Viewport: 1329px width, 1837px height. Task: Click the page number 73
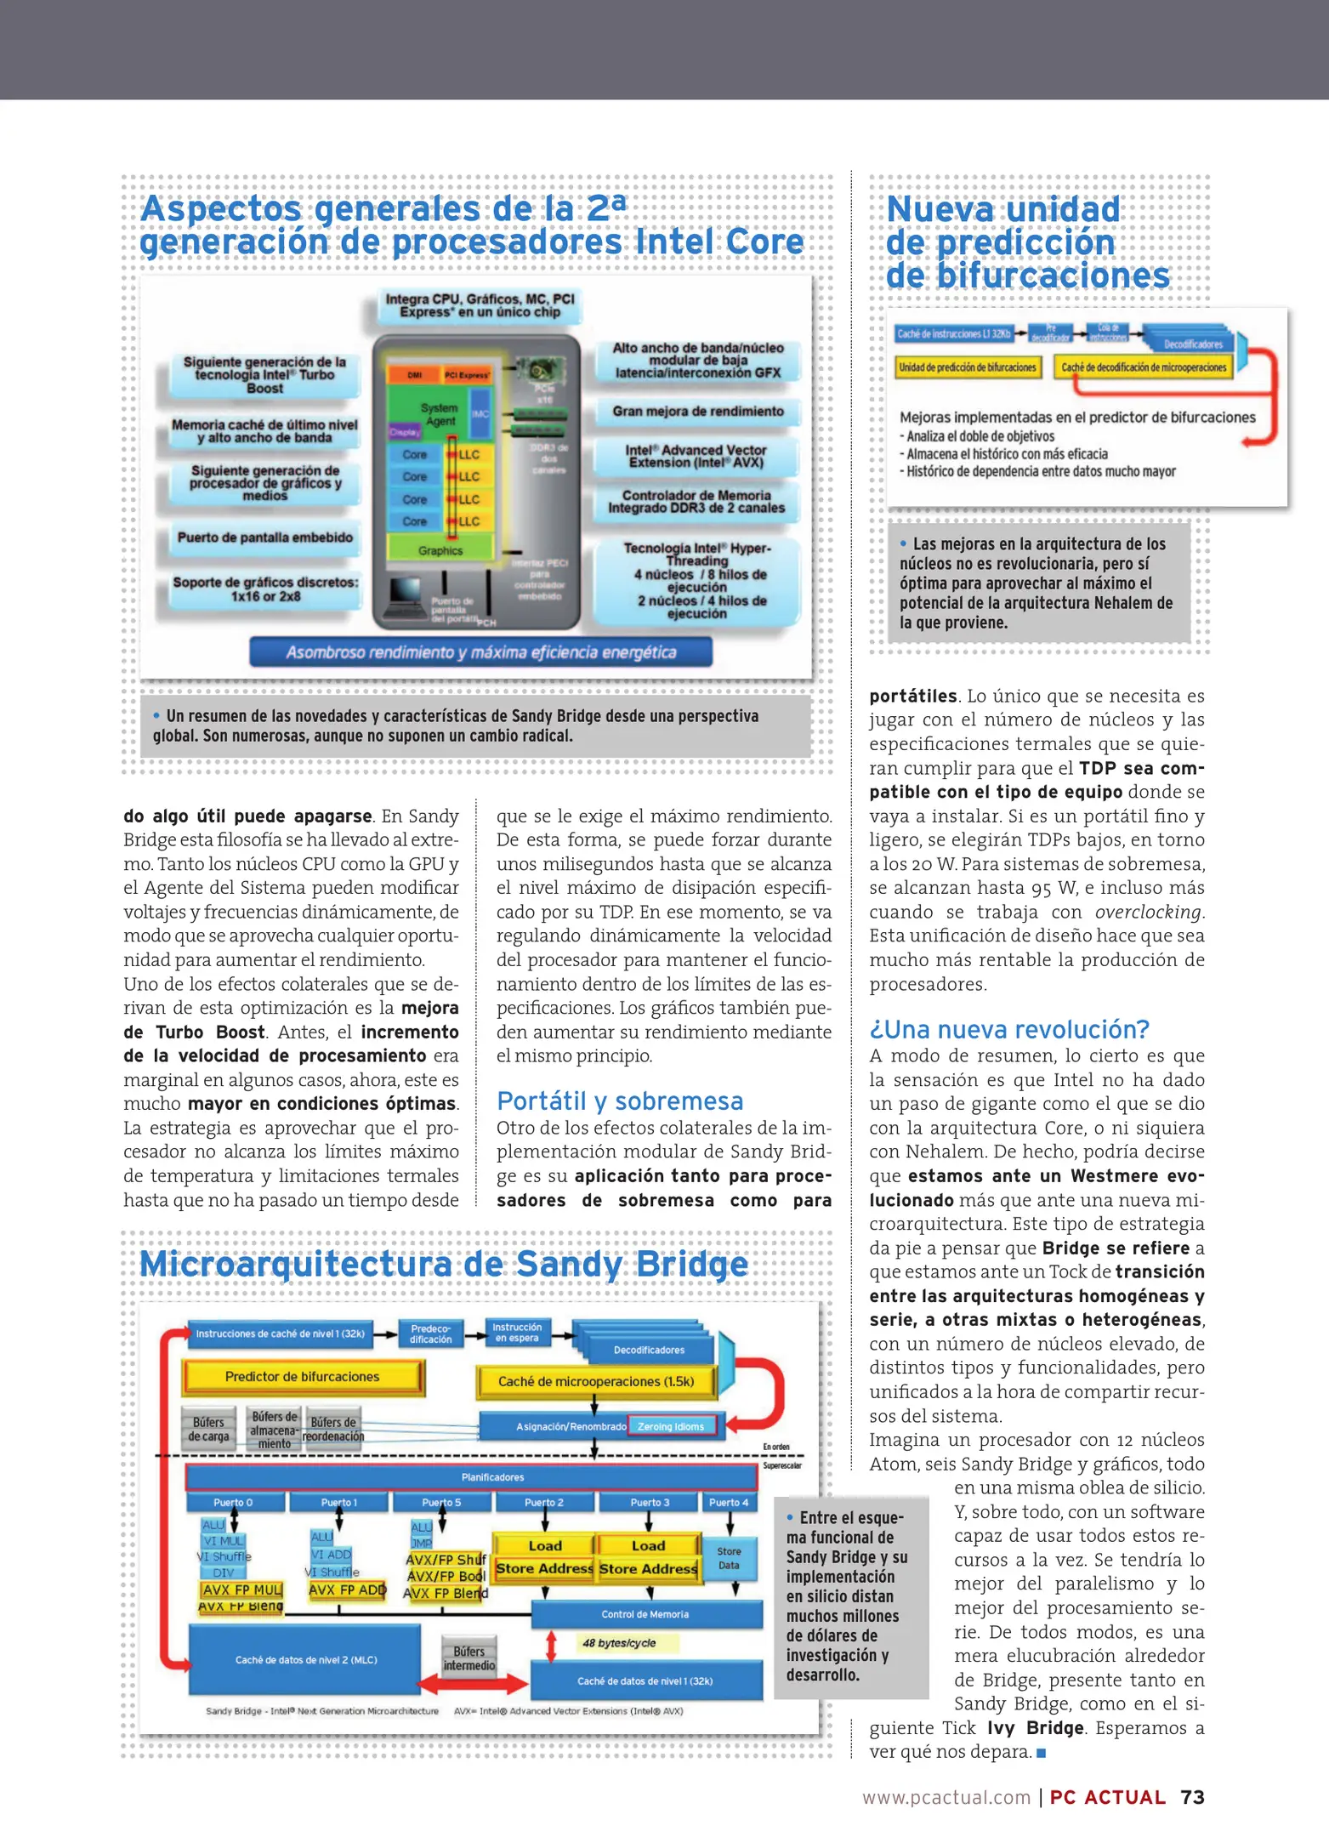pos(1191,1797)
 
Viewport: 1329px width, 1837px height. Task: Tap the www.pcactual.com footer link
pos(946,1798)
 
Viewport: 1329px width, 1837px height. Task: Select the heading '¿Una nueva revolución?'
pos(1008,1029)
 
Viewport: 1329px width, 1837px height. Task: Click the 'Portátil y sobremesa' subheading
pos(619,1100)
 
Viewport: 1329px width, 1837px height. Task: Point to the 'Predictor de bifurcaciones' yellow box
pos(302,1377)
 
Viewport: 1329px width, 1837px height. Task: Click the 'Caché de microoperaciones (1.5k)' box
pos(595,1381)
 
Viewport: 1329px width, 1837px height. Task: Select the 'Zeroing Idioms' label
pos(671,1426)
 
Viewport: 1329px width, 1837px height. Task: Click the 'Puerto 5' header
pos(441,1503)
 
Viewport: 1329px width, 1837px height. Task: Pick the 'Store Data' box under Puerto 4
pos(729,1558)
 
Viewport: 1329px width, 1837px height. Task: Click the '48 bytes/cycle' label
pos(618,1643)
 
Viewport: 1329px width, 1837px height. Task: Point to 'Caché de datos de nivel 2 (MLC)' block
pos(305,1659)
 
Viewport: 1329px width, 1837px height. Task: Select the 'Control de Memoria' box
pos(645,1614)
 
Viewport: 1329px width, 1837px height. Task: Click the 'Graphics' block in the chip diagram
pos(440,550)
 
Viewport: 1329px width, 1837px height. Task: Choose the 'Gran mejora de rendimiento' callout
pos(697,412)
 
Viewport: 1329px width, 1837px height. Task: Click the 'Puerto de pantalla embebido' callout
pos(264,537)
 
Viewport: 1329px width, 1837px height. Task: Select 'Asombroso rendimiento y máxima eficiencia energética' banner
pos(480,652)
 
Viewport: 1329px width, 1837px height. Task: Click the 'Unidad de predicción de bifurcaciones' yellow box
pos(967,367)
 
